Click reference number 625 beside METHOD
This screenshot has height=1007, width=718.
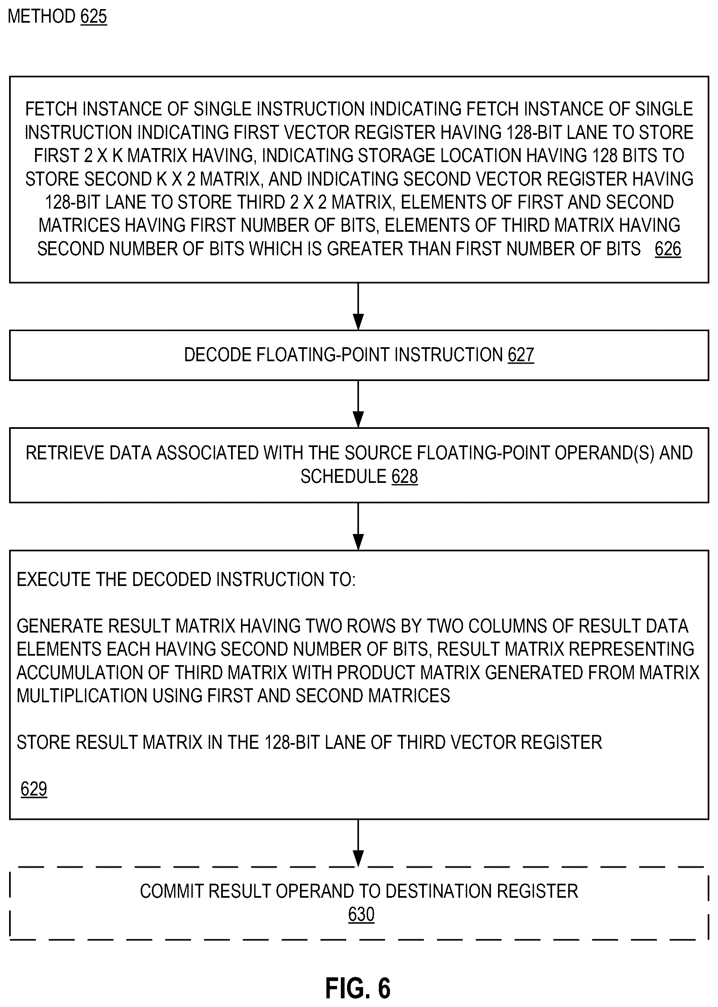click(x=94, y=16)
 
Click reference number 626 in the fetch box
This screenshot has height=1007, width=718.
click(x=668, y=249)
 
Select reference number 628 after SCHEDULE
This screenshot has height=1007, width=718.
click(x=404, y=476)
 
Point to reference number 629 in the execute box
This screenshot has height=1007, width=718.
click(x=34, y=789)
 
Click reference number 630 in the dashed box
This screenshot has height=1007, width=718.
click(x=361, y=914)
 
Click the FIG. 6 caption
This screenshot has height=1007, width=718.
click(x=358, y=988)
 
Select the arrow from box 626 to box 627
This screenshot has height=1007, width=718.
click(x=359, y=306)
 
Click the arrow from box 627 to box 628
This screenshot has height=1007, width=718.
click(x=359, y=404)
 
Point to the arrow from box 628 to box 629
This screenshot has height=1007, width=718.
click(x=359, y=526)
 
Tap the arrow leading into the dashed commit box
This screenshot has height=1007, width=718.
click(x=359, y=843)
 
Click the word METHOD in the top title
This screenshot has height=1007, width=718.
click(x=42, y=16)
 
